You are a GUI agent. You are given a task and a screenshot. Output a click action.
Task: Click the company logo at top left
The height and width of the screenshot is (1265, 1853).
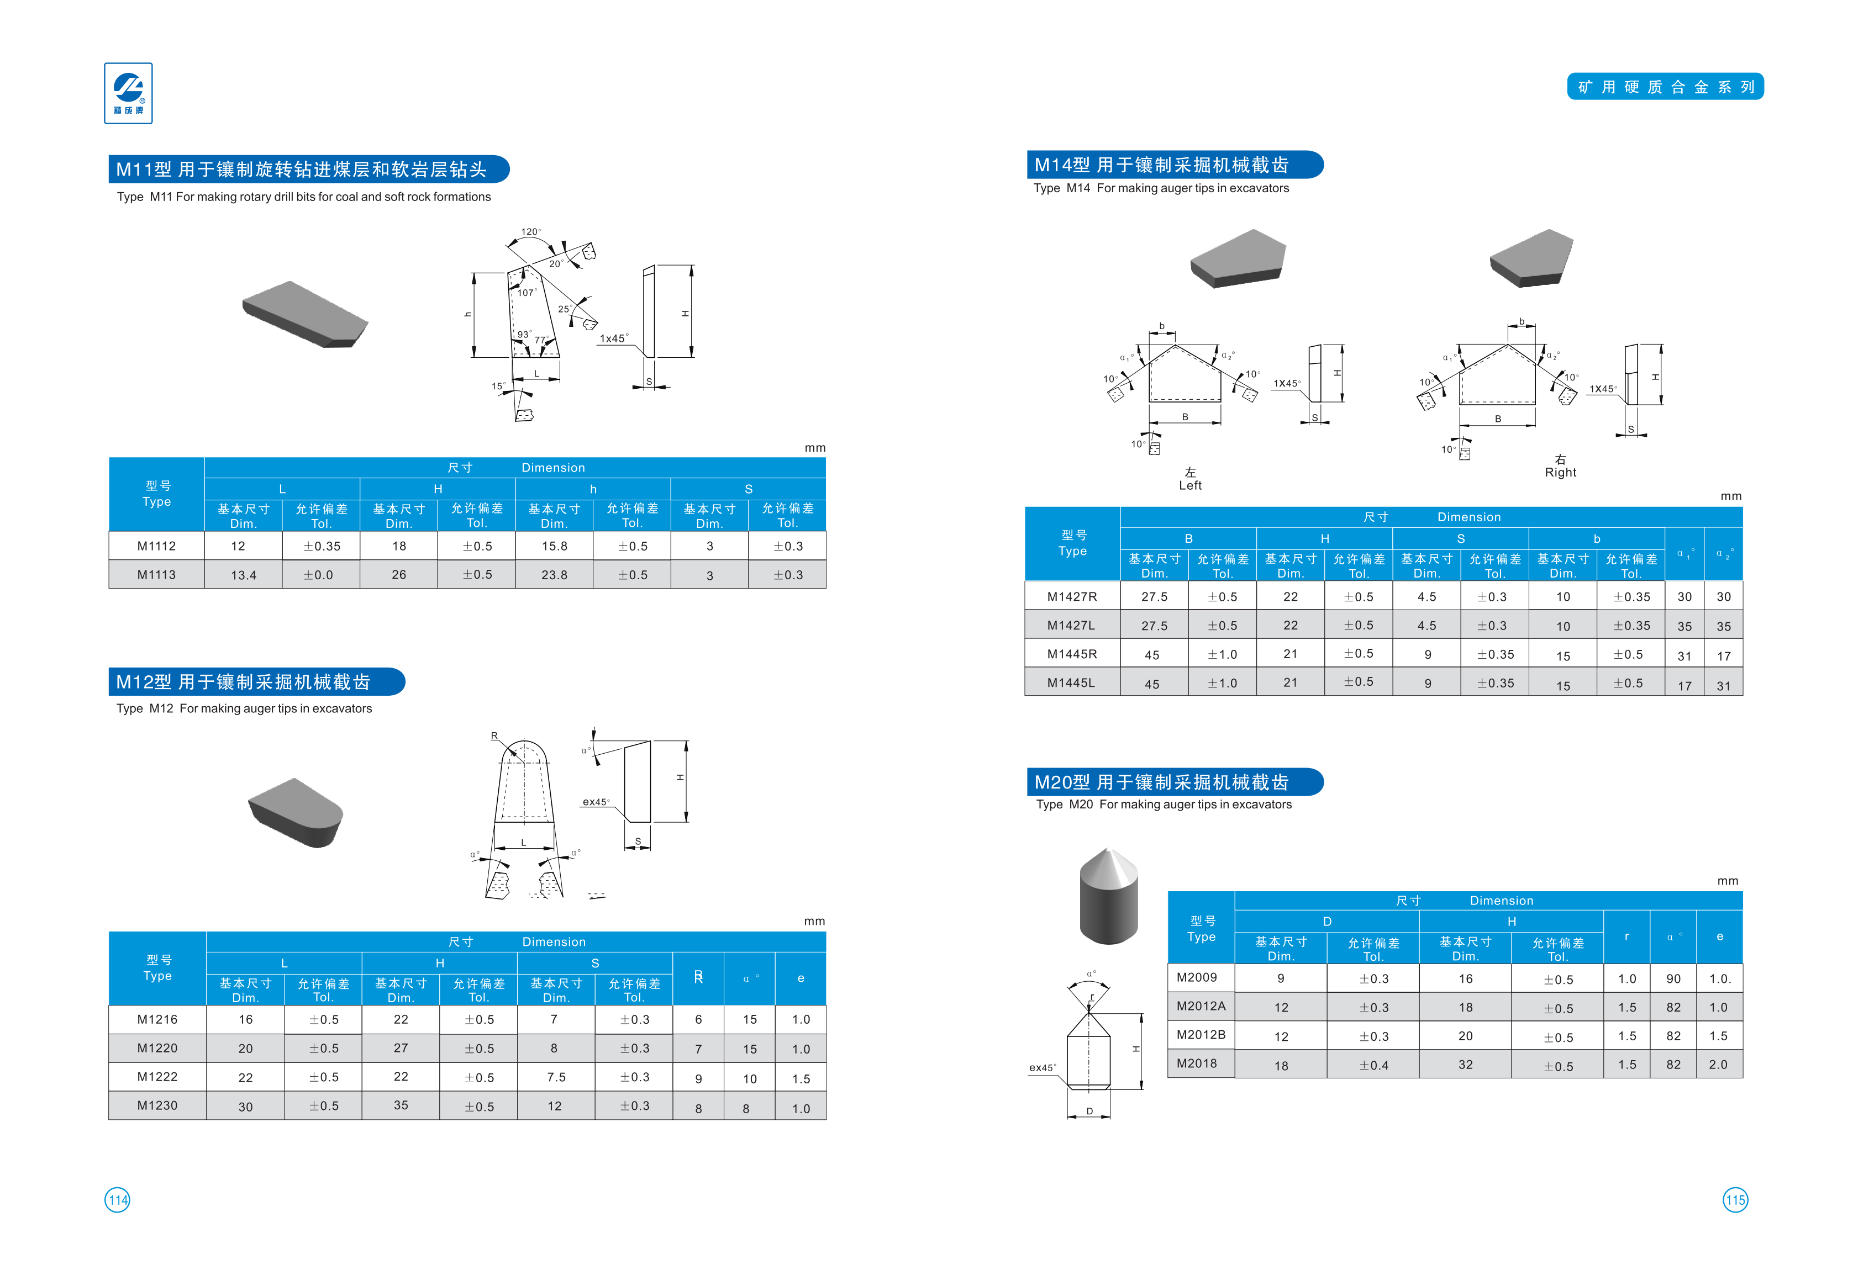coord(128,93)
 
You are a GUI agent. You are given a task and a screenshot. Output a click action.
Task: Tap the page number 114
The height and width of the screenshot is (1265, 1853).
coord(117,1200)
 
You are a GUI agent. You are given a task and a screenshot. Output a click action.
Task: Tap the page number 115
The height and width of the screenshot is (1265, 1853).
coord(1735,1200)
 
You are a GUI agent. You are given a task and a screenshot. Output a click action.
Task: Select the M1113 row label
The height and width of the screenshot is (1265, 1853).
coord(156,575)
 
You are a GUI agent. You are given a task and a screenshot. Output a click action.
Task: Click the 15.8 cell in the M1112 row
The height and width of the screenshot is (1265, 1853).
coord(554,546)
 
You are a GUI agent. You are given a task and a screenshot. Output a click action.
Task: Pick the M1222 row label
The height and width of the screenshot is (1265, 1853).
coord(157,1077)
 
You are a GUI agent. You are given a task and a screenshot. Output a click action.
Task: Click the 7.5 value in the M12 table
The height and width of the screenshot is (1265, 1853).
coord(556,1077)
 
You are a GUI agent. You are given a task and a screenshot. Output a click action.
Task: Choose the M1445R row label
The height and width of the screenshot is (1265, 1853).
coord(1072,654)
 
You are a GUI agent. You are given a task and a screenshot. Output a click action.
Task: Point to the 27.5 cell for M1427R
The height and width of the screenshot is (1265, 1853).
coord(1154,597)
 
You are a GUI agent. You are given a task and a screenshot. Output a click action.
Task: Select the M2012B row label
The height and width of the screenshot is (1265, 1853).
coord(1201,1035)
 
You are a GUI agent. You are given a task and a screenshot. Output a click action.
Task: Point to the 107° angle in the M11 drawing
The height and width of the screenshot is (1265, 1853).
coord(527,293)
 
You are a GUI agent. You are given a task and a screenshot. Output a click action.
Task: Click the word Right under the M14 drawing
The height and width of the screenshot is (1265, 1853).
coord(1560,473)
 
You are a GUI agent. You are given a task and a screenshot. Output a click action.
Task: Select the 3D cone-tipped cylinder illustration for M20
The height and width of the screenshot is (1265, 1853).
coord(1108,896)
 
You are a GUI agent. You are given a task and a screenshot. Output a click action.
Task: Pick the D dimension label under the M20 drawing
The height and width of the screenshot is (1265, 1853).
coord(1089,1111)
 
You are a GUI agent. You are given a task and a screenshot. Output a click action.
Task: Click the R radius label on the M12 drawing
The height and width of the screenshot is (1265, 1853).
coord(494,735)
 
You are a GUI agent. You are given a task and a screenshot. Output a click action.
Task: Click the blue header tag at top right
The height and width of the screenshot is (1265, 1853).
coord(1665,87)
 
